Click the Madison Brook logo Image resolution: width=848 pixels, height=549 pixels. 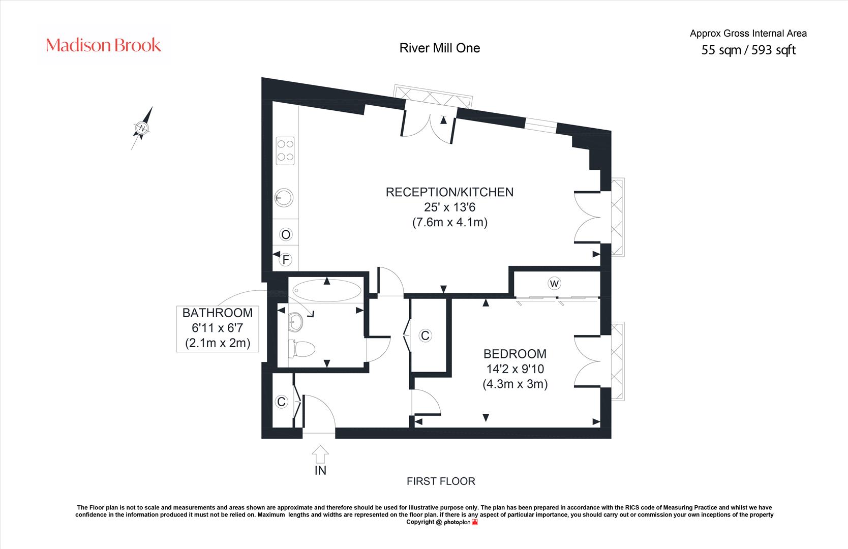click(x=103, y=45)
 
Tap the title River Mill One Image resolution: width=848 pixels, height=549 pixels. click(x=440, y=48)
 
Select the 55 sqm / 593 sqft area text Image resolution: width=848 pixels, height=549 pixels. click(x=748, y=50)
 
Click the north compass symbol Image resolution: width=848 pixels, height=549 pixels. click(x=142, y=128)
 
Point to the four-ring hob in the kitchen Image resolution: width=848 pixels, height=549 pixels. click(x=285, y=150)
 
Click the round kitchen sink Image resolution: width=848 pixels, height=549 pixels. click(x=284, y=197)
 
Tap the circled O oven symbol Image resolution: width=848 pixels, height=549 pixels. click(x=286, y=235)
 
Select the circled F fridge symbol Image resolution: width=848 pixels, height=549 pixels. click(x=286, y=260)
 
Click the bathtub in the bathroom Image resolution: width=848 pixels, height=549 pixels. click(x=327, y=290)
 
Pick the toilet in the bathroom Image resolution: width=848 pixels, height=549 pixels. click(x=301, y=349)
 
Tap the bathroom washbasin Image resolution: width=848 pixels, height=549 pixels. click(x=295, y=322)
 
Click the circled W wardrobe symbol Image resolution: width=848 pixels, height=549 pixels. click(x=554, y=283)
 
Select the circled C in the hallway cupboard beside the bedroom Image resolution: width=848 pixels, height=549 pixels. click(x=425, y=335)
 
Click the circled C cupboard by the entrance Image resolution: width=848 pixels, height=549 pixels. click(x=281, y=402)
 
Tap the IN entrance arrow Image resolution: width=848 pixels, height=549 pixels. click(x=320, y=454)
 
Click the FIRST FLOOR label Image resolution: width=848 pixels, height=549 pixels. click(x=441, y=481)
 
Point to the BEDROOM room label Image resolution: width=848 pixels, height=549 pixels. click(x=515, y=354)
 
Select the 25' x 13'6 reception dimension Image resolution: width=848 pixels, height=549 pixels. click(x=449, y=207)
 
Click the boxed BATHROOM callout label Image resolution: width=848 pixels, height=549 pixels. click(x=218, y=329)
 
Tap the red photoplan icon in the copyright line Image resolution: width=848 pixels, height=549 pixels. click(x=475, y=522)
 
